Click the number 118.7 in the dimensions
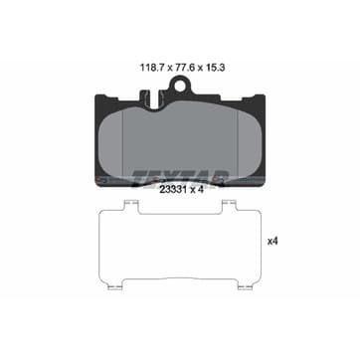coord(152,68)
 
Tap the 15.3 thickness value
coord(216,68)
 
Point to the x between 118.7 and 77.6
coord(169,69)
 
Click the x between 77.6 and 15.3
coord(200,69)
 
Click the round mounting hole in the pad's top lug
coord(180,87)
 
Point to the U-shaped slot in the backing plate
coord(154,100)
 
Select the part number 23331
coord(173,190)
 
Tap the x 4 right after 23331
coord(196,190)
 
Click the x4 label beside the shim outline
coord(272,242)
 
